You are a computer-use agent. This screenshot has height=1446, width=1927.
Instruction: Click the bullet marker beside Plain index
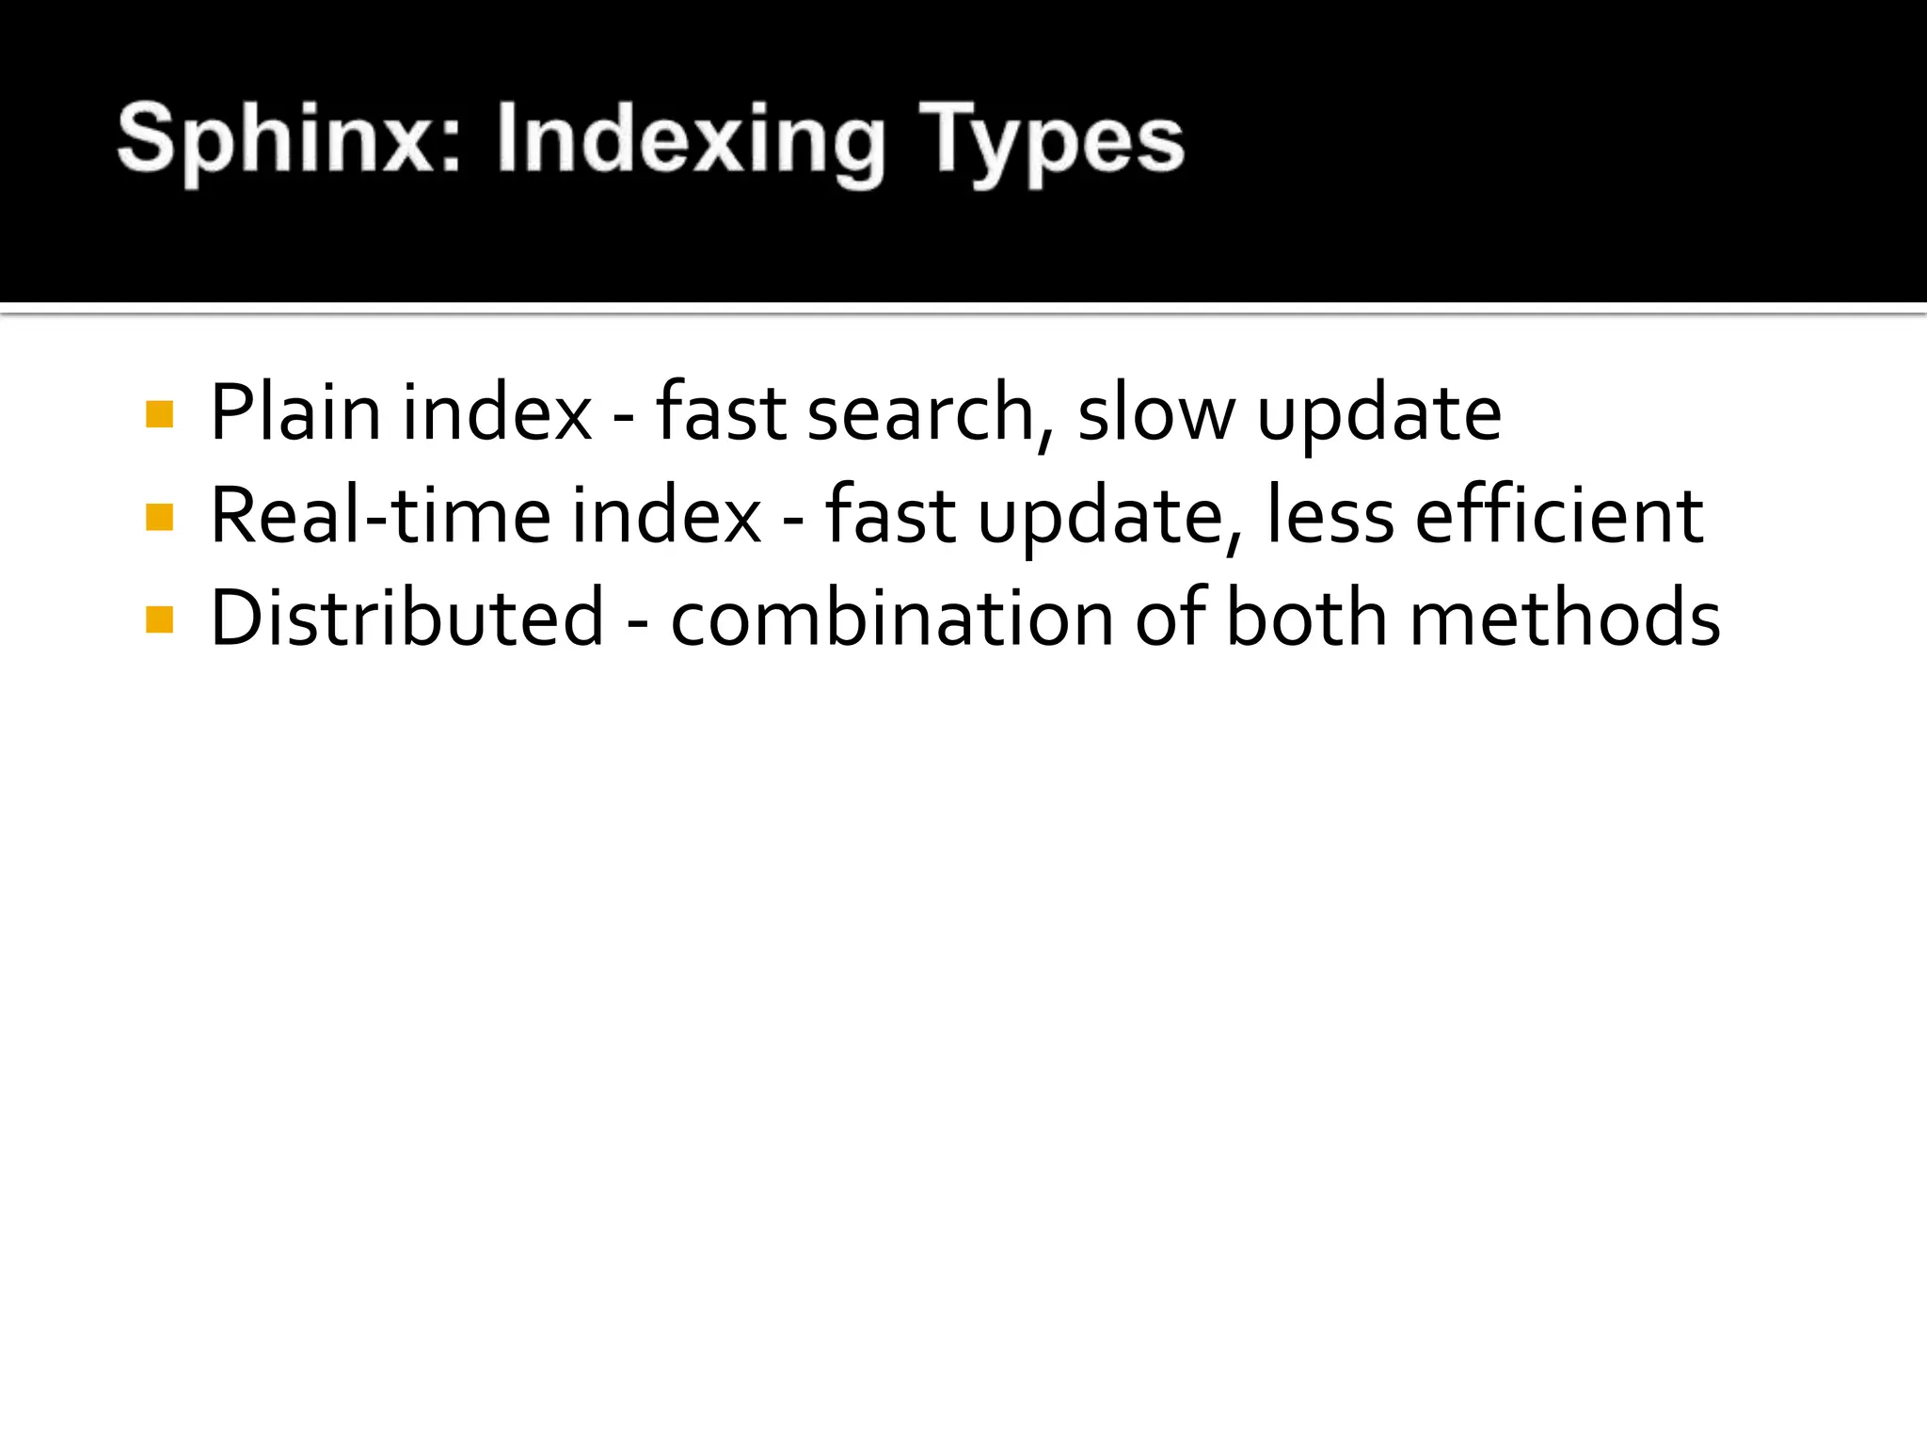[x=160, y=415]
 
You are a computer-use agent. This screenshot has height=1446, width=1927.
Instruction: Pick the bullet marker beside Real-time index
[x=160, y=517]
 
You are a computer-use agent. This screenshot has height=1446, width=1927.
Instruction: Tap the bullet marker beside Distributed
[x=160, y=619]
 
